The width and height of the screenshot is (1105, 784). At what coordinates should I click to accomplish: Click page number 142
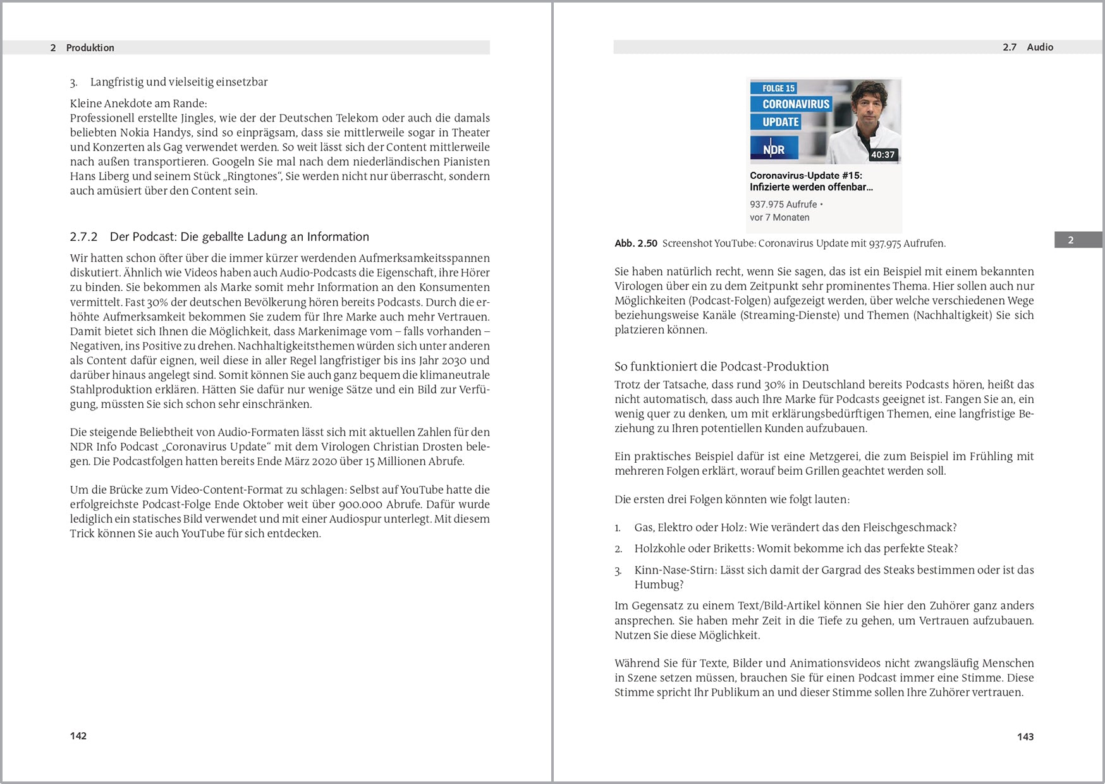(x=78, y=735)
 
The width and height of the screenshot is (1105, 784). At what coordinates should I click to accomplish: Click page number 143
(x=1025, y=737)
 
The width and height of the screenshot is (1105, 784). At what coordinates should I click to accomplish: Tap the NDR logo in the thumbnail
(x=774, y=150)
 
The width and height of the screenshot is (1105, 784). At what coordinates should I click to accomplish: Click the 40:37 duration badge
(x=882, y=155)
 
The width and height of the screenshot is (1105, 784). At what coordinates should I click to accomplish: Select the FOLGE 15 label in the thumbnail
(x=778, y=89)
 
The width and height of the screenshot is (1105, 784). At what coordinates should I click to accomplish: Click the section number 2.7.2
(x=83, y=236)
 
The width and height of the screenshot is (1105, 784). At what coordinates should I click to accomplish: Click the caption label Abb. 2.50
(x=635, y=243)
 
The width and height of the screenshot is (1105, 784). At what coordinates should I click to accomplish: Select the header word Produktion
(x=90, y=48)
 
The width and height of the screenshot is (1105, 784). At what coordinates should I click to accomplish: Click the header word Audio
(x=1040, y=47)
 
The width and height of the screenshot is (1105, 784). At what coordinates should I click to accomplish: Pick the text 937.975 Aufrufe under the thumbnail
(x=783, y=204)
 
